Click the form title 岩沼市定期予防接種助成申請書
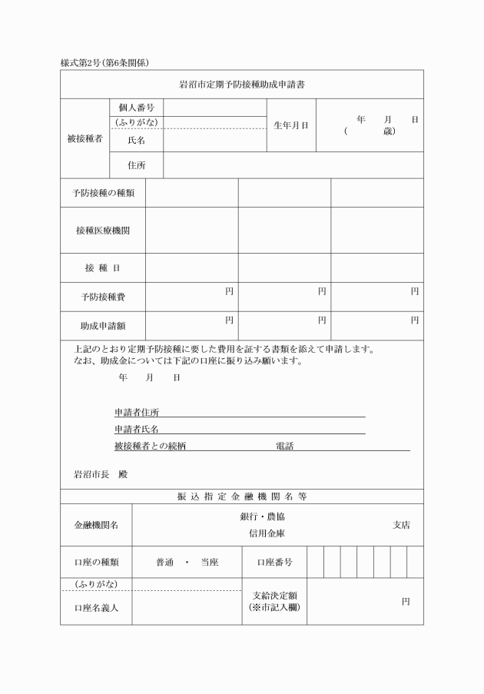click(x=242, y=83)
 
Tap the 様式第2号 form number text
click(x=81, y=61)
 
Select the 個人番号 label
click(x=137, y=108)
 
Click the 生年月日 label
click(x=290, y=125)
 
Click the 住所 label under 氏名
click(x=137, y=164)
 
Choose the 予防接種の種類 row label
click(x=103, y=193)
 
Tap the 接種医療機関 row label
click(x=103, y=231)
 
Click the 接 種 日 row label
click(x=103, y=268)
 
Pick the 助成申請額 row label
click(x=103, y=326)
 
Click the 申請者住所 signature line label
click(x=137, y=413)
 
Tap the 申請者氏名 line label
click(x=137, y=430)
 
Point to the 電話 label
click(x=284, y=446)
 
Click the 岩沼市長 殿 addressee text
click(x=101, y=474)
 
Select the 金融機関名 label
click(x=96, y=525)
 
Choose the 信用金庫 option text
click(x=267, y=533)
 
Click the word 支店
click(x=401, y=525)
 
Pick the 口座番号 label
click(x=274, y=562)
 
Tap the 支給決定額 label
click(x=274, y=595)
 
